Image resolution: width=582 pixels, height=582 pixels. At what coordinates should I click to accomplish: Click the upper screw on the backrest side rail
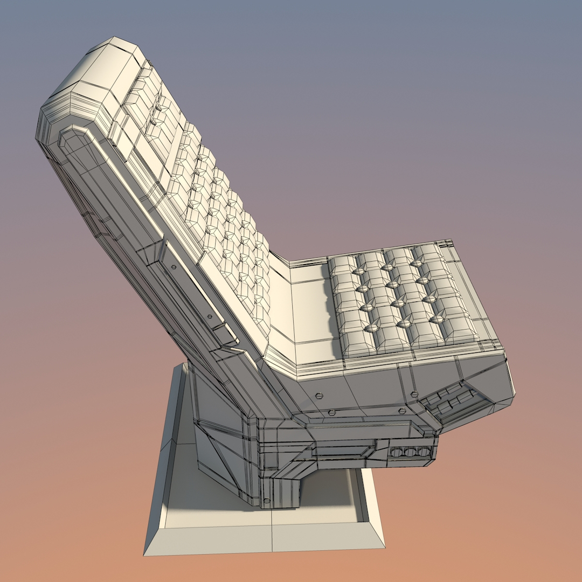(174, 266)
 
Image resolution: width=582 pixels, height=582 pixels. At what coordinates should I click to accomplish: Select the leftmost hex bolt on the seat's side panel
(319, 394)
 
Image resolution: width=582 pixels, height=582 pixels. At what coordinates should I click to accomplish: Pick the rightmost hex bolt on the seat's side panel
(401, 410)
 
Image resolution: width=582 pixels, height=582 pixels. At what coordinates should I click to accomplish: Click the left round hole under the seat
(399, 453)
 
